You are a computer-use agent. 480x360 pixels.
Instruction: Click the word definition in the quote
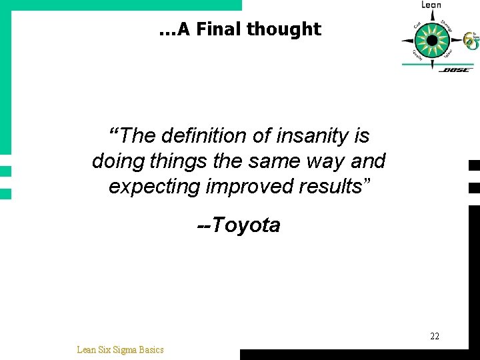[193, 136]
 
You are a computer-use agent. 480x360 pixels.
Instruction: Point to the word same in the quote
[272, 161]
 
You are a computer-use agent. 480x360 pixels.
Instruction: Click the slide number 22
[435, 336]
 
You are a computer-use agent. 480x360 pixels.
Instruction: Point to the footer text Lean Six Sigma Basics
[120, 349]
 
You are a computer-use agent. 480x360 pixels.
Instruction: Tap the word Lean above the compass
[431, 5]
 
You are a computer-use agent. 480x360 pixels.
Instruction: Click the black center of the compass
[432, 40]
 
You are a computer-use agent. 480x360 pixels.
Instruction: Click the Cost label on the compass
[417, 27]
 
